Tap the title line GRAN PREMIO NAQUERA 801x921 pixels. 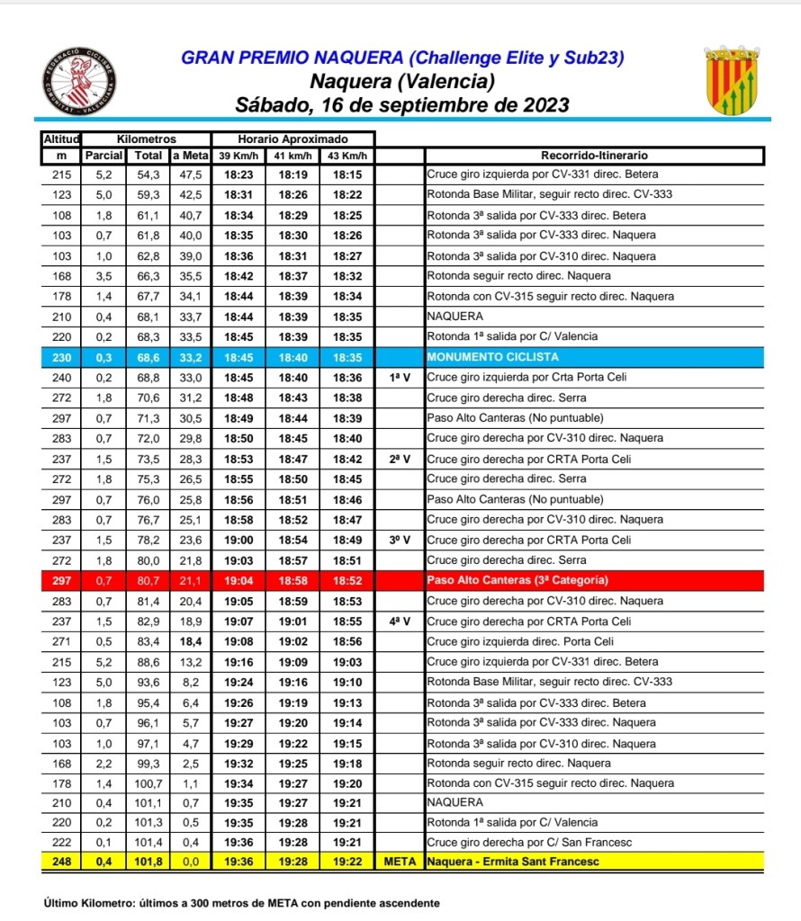[402, 58]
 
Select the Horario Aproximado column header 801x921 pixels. [292, 139]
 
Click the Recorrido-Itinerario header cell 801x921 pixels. [594, 156]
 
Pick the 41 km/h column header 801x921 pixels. [292, 156]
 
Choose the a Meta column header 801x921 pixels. [190, 156]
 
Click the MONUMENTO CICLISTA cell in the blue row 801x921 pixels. [481, 357]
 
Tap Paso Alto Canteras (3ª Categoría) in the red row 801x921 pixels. [517, 580]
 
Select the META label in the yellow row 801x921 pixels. [400, 862]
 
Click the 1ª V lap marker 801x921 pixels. [400, 378]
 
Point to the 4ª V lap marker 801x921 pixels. [400, 621]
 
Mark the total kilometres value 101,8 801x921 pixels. [148, 862]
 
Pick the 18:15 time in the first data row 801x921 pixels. [346, 175]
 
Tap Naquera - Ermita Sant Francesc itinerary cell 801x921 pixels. [513, 862]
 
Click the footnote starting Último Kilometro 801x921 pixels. [241, 902]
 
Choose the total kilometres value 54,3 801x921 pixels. [148, 175]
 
